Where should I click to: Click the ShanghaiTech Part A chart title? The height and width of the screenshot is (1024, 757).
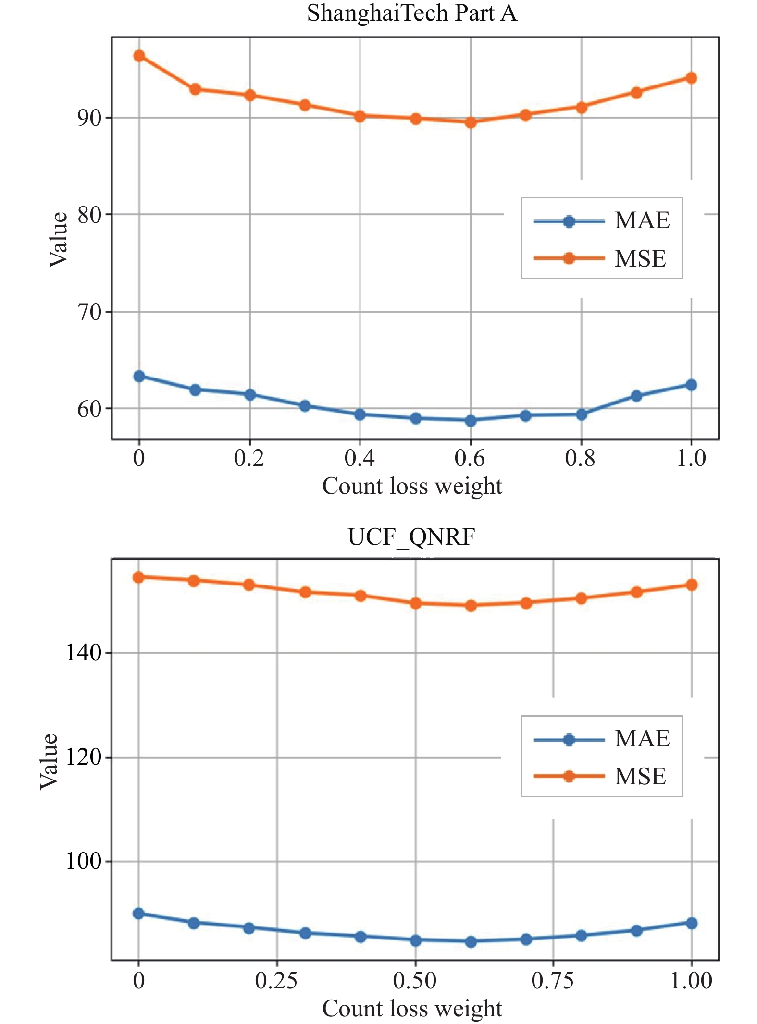pos(412,13)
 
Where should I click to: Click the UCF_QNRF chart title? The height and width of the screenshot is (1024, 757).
pos(412,536)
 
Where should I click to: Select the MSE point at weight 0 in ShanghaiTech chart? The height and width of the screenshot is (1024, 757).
pos(139,56)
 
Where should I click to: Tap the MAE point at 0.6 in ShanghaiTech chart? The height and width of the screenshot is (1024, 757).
pos(471,420)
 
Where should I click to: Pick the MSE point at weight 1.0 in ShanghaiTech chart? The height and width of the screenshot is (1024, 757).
pos(691,78)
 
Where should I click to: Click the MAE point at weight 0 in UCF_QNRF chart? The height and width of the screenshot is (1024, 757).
pos(138,913)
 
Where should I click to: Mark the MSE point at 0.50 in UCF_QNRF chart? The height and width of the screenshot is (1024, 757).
pos(416,603)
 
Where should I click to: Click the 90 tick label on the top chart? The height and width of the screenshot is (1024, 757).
pos(89,118)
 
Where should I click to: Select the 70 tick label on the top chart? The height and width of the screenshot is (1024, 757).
pos(89,312)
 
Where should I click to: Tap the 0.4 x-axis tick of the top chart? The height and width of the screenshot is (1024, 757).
pos(360,458)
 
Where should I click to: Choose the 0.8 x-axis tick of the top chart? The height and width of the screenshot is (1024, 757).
pos(581,458)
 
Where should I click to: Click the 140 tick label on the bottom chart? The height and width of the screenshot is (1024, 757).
pos(83,653)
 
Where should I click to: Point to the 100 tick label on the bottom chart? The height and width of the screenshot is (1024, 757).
pos(83,861)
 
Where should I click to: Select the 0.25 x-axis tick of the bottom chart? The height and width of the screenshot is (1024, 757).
pos(276,980)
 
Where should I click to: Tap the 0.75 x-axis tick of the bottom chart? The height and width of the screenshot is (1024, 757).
pos(553,980)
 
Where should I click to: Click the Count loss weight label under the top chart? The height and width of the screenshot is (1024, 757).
pos(412,486)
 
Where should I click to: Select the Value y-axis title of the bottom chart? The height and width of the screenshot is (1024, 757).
pos(49,761)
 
